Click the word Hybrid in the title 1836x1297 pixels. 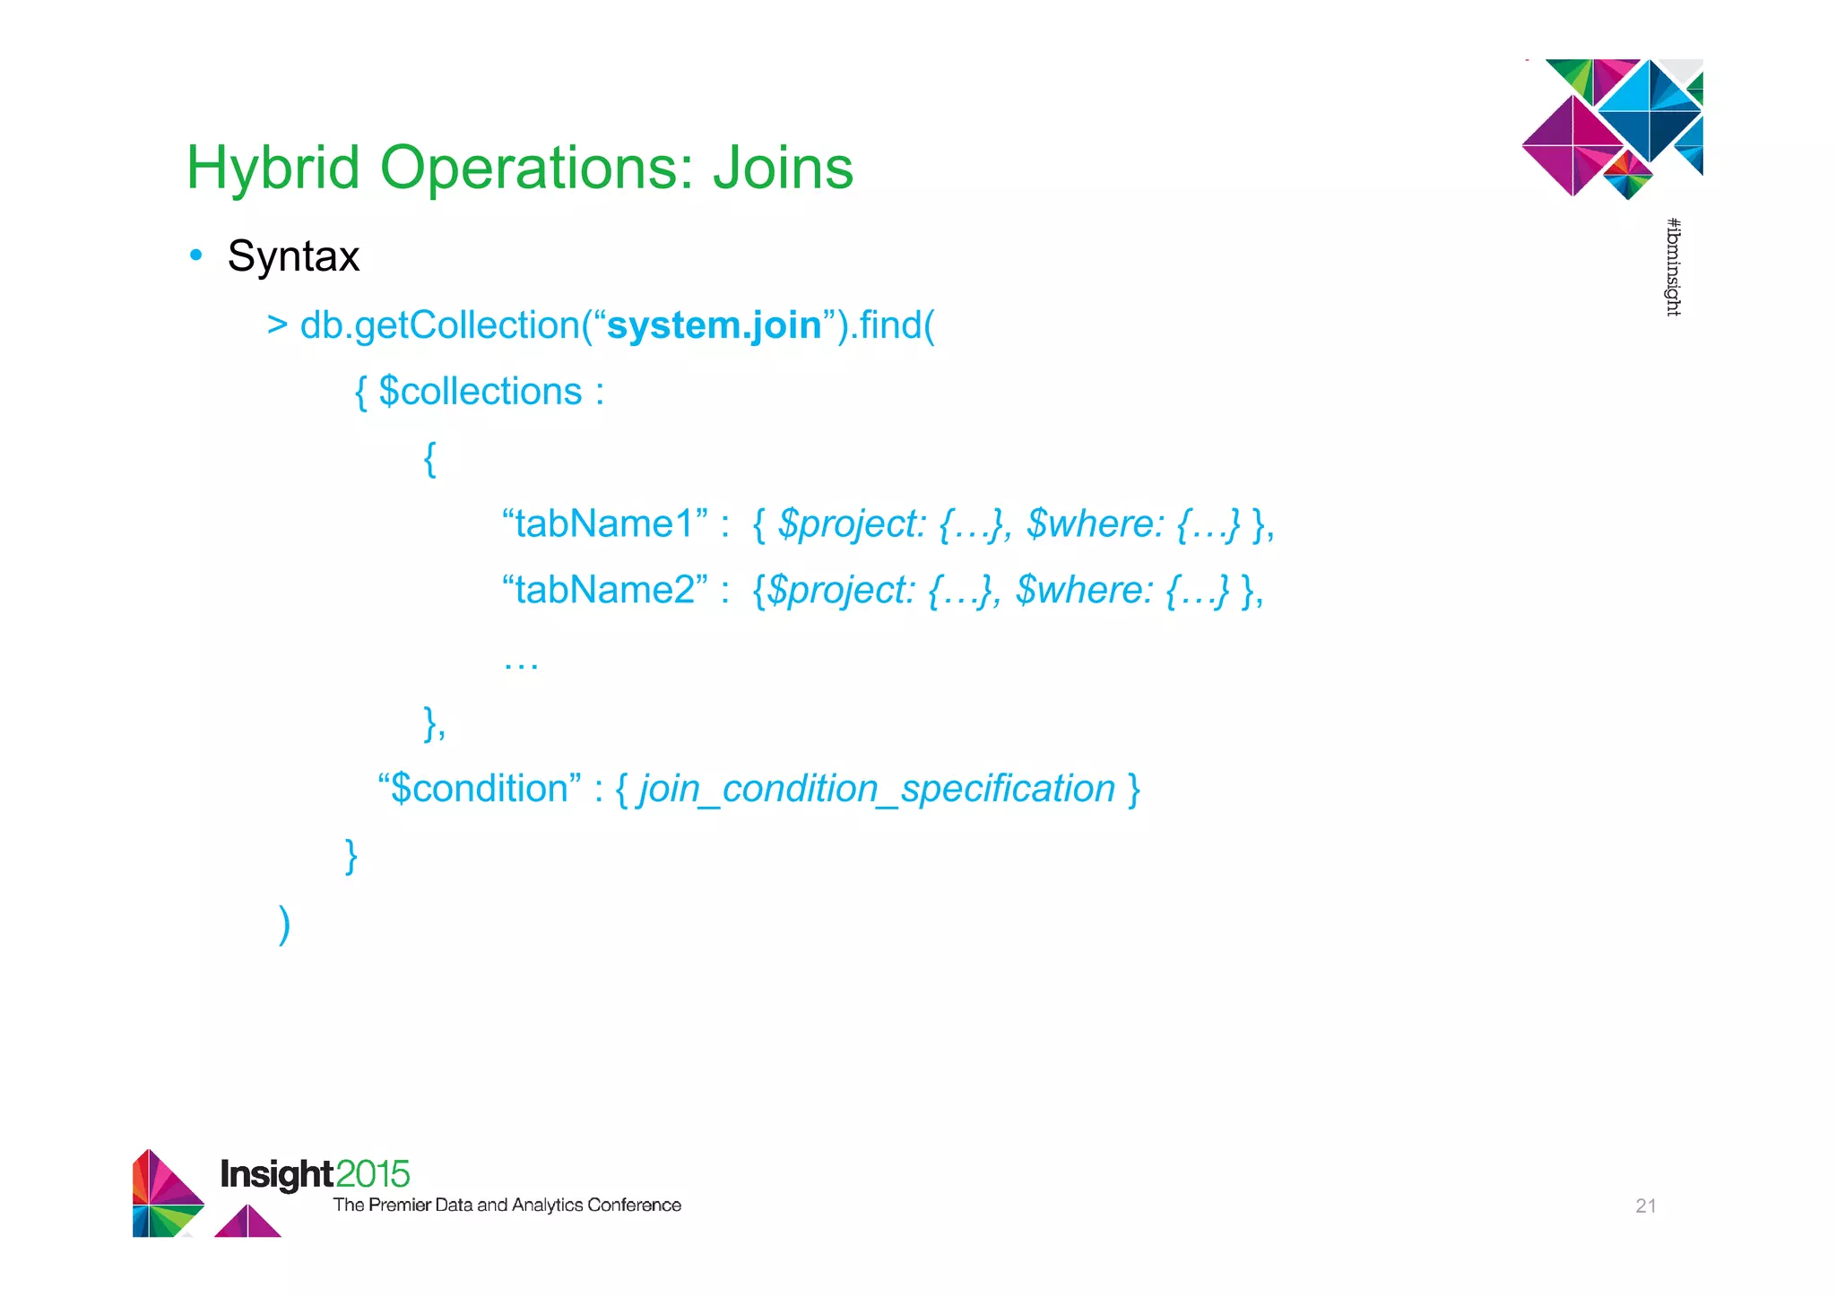[x=273, y=169]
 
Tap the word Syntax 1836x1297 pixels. [x=293, y=256]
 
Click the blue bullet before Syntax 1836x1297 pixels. [x=196, y=255]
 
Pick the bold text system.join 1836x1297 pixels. [x=714, y=325]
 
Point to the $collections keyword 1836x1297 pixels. [x=481, y=392]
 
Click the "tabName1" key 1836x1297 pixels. [x=605, y=523]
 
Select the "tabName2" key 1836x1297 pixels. [x=605, y=590]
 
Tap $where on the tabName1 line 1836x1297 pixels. [x=1095, y=523]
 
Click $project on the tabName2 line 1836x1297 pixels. [x=842, y=590]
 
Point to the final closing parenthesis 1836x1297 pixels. [x=284, y=923]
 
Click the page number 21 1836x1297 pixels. [x=1645, y=1206]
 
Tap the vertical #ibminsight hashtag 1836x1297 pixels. [x=1673, y=267]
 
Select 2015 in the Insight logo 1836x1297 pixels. [x=373, y=1174]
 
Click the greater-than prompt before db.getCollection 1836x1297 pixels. [x=277, y=325]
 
